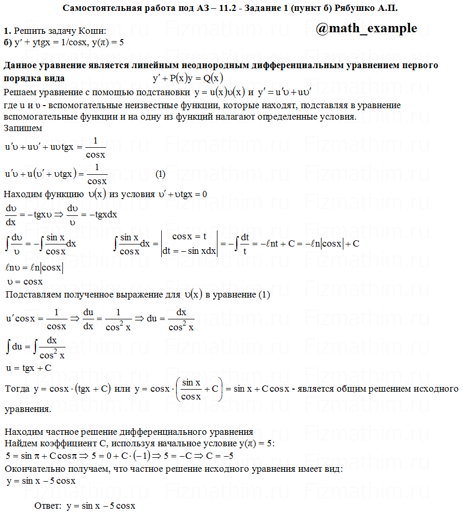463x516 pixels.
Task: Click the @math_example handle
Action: coord(366,28)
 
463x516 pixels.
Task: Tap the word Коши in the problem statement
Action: coord(93,32)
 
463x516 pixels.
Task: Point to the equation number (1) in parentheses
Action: coord(161,173)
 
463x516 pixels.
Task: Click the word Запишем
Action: coord(23,127)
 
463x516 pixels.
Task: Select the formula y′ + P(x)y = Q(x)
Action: coord(188,79)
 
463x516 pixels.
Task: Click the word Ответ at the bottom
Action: coord(47,505)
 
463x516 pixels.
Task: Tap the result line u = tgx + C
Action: coord(29,368)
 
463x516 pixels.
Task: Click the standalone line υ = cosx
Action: coord(25,281)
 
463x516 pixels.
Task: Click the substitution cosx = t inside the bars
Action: coord(190,236)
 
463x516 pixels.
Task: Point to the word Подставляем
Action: coord(33,295)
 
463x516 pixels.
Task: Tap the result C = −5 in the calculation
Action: coord(220,456)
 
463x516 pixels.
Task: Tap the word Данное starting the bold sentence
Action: coord(19,66)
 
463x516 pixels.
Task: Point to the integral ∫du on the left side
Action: coord(14,345)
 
